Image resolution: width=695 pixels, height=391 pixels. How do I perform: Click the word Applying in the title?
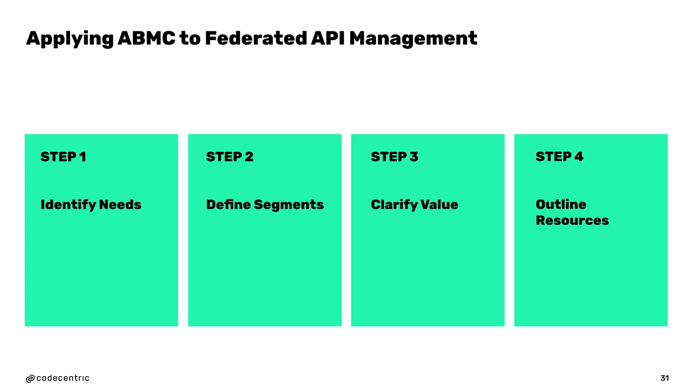tap(70, 39)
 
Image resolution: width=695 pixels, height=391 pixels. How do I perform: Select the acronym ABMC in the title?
tap(146, 38)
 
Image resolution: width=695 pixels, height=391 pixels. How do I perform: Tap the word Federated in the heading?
tap(256, 38)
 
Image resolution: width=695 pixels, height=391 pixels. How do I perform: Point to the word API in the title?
tap(327, 38)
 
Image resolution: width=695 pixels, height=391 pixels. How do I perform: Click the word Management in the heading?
tap(413, 39)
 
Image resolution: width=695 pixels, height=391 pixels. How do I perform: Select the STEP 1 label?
tap(63, 157)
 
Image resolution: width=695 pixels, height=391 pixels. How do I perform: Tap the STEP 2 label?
tap(230, 157)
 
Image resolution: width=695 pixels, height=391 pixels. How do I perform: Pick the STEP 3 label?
tap(394, 157)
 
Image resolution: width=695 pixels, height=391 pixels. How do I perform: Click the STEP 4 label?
tap(559, 157)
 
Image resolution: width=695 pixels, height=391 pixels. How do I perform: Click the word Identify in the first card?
tap(68, 205)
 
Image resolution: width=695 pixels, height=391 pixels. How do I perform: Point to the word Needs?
tap(120, 205)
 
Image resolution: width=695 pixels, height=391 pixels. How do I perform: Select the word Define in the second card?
tap(228, 205)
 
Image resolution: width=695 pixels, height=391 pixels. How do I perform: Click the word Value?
tap(439, 205)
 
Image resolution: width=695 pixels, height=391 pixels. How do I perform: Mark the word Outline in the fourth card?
tap(561, 204)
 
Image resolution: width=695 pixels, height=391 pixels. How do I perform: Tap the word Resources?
tap(572, 221)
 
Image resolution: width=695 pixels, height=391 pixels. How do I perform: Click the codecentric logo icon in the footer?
tap(30, 379)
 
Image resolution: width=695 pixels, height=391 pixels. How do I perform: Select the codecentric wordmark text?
tap(63, 378)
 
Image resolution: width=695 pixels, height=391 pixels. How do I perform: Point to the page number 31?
tap(664, 378)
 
